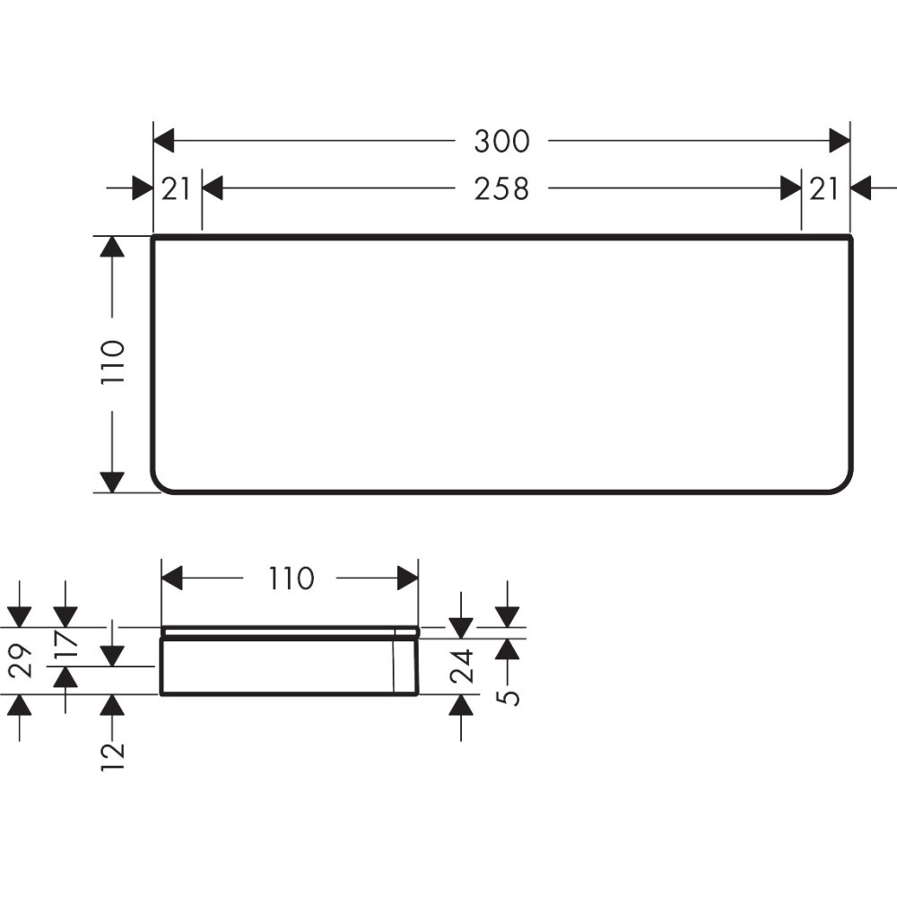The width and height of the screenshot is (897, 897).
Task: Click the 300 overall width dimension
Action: point(502,141)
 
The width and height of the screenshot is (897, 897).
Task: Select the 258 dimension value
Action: point(502,188)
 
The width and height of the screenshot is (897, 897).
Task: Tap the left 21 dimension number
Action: point(177,188)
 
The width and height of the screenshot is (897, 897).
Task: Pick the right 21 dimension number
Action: point(824,188)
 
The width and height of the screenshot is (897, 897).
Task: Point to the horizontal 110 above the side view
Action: point(290,579)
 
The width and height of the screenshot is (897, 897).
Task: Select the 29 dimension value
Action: point(22,660)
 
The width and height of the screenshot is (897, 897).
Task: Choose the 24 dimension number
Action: point(461,666)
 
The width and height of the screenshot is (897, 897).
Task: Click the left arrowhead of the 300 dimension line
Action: point(163,141)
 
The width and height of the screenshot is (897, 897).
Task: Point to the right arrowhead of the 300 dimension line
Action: point(840,141)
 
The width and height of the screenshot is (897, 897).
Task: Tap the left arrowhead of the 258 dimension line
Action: point(212,188)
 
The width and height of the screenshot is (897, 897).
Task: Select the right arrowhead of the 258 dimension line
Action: point(791,188)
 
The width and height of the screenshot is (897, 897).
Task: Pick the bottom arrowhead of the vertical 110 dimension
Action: point(111,482)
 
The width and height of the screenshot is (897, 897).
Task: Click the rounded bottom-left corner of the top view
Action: point(160,484)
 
